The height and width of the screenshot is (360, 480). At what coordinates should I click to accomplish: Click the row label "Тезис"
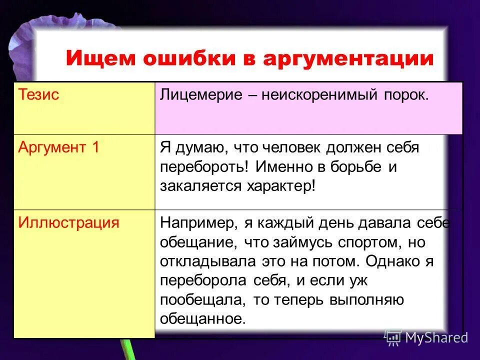coord(38,95)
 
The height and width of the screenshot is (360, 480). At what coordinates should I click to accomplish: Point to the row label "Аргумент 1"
coord(58,147)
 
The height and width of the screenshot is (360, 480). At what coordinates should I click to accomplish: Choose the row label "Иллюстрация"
coord(68,222)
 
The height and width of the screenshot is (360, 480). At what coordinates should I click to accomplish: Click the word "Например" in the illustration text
coord(195,222)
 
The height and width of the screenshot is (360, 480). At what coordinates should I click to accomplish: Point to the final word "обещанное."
coord(203,318)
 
